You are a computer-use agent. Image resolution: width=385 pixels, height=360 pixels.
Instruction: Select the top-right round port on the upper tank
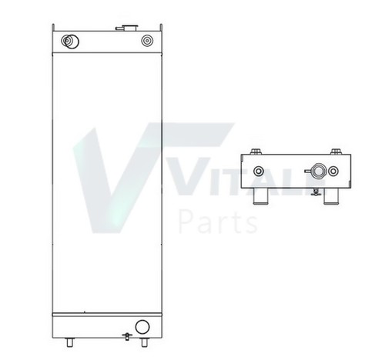point(147,41)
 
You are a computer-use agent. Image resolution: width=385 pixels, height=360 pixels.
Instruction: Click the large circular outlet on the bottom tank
point(142,327)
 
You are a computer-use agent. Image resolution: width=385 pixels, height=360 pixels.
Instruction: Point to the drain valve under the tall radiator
point(126,336)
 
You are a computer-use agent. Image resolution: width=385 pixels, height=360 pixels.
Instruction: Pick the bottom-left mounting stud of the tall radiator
point(69,342)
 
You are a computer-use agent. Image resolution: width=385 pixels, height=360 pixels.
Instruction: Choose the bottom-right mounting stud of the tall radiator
point(145,342)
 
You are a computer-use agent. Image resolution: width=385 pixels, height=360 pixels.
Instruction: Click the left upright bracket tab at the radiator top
point(53,28)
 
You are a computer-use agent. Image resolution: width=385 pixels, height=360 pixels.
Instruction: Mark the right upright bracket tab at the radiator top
point(161,28)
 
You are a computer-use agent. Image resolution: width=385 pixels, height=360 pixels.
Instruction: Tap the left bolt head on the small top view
point(255,152)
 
